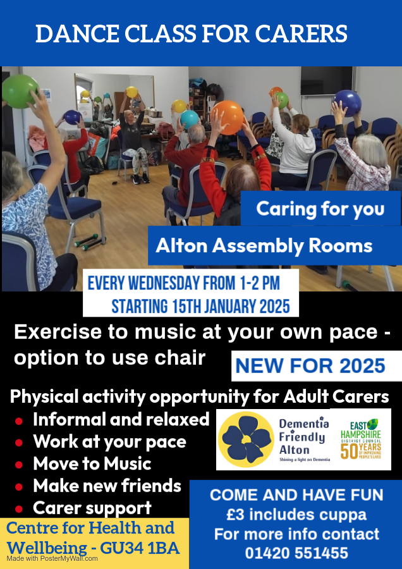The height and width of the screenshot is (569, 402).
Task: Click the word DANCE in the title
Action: point(76,34)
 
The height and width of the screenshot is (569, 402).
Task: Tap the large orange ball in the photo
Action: point(227,117)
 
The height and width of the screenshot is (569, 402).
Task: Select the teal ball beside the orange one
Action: point(190,119)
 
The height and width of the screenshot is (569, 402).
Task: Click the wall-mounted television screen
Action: point(327,81)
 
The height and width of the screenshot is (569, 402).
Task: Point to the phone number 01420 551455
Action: point(296,553)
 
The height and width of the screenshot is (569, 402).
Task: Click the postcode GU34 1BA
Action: point(140,548)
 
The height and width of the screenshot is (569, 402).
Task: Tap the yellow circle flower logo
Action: point(247,439)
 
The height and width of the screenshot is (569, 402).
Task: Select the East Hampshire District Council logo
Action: point(360,439)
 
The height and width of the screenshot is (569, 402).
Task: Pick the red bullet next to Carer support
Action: point(19,509)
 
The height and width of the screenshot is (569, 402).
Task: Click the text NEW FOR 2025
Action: point(310,366)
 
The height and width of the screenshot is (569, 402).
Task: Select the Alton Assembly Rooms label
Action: point(264,246)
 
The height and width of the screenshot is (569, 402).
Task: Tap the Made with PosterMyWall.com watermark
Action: point(52,558)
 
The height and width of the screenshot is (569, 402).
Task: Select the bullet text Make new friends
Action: point(107,486)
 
